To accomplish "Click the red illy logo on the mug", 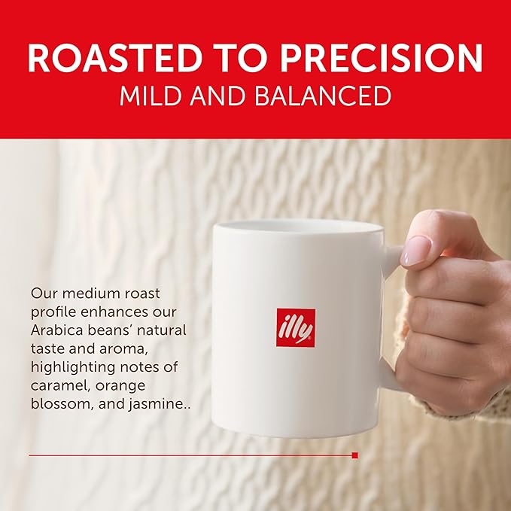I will pos(295,327).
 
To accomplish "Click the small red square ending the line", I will pos(355,455).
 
